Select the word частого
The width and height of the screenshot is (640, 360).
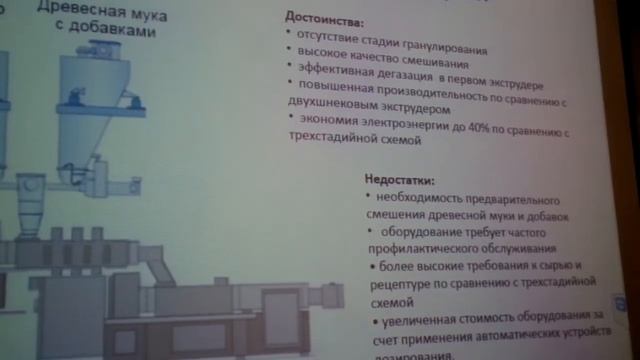click(x=546, y=231)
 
